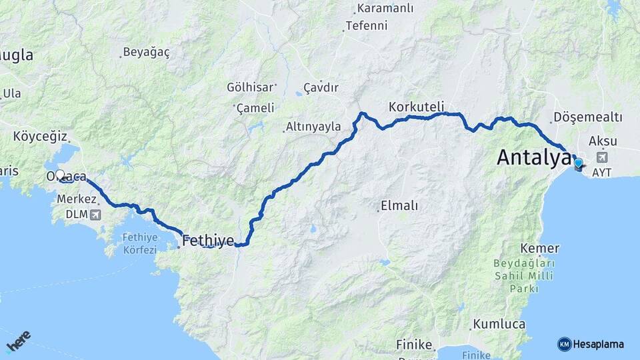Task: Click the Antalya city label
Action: (534, 157)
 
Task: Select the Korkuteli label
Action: (416, 107)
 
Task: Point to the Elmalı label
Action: (399, 205)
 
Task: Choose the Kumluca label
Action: (499, 325)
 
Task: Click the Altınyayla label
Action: (313, 127)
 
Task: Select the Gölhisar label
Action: (251, 87)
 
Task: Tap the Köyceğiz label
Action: (41, 137)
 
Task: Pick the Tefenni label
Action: (367, 26)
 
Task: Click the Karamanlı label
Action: (385, 8)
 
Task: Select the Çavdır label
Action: (321, 87)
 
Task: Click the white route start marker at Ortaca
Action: (60, 175)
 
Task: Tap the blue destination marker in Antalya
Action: (577, 162)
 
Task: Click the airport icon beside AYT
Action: (603, 157)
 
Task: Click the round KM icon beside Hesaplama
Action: (564, 344)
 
